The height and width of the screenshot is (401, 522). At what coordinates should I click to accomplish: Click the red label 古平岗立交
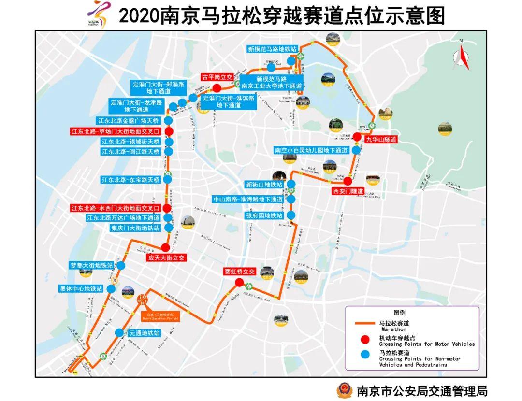[x=217, y=77]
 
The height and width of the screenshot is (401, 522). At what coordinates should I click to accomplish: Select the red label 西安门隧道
[x=348, y=191]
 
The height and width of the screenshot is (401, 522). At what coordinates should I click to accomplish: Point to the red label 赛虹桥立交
[x=239, y=272]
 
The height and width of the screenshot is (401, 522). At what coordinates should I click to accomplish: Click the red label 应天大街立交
[x=166, y=258]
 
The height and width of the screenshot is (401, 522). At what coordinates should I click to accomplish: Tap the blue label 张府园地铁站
[x=264, y=215]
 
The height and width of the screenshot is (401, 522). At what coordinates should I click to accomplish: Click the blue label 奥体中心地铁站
[x=81, y=288]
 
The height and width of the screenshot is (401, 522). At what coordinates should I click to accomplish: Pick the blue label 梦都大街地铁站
[x=92, y=265]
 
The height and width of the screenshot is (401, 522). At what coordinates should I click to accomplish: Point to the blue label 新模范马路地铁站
[x=272, y=49]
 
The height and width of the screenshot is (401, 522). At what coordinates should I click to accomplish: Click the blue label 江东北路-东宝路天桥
[x=130, y=180]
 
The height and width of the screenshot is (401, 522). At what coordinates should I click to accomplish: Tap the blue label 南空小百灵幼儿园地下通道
[x=311, y=150]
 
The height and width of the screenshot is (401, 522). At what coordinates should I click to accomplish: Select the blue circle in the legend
[x=365, y=356]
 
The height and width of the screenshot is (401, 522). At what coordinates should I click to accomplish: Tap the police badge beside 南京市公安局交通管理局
[x=345, y=389]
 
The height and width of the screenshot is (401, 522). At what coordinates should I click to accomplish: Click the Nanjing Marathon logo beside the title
[x=99, y=15]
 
